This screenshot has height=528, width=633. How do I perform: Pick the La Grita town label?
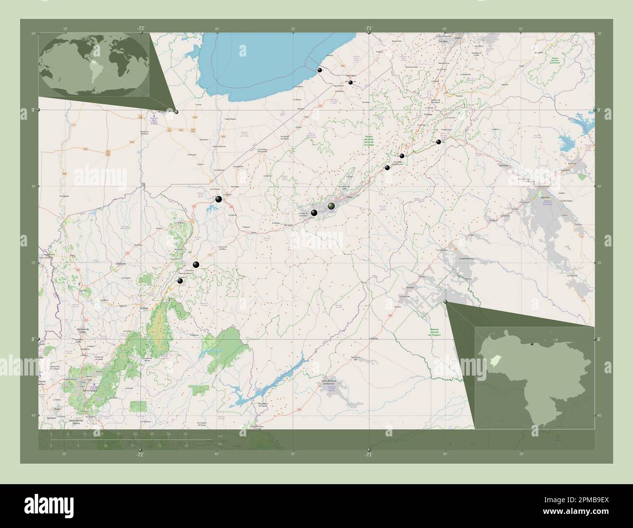[x=144, y=308]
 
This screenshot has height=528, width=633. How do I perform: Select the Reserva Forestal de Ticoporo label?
[x=434, y=333]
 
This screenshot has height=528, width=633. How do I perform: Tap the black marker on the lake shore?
[x=319, y=70]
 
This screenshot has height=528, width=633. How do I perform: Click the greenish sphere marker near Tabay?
[x=332, y=207]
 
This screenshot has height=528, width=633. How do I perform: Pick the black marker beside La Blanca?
[x=219, y=199]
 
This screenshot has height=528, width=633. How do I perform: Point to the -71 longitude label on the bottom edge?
[x=368, y=454]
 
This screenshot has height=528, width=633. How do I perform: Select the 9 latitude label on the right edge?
[x=599, y=110]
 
